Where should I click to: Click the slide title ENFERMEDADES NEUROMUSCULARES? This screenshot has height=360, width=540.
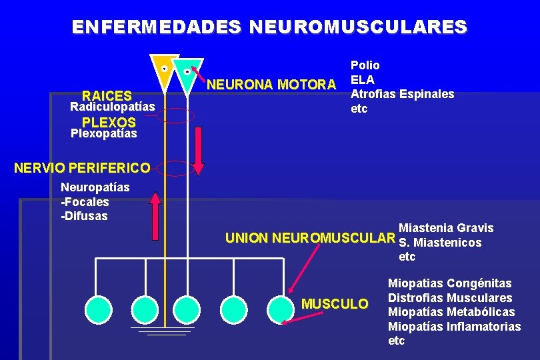pyautogui.click(x=270, y=27)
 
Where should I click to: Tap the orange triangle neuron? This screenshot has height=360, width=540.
pyautogui.click(x=164, y=70)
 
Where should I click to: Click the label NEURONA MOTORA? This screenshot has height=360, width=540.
pyautogui.click(x=271, y=85)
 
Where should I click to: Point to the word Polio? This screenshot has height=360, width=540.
pyautogui.click(x=365, y=65)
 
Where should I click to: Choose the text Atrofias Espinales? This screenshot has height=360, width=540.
pyautogui.click(x=402, y=94)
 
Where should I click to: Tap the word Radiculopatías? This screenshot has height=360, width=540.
pyautogui.click(x=113, y=107)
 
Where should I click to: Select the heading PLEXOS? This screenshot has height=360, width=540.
pyautogui.click(x=109, y=122)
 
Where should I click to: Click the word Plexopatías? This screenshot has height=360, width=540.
pyautogui.click(x=103, y=133)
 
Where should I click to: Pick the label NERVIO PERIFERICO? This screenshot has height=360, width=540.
pyautogui.click(x=77, y=167)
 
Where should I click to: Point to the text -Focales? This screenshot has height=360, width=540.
pyautogui.click(x=85, y=201)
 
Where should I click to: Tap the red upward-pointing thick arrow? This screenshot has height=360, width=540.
pyautogui.click(x=155, y=216)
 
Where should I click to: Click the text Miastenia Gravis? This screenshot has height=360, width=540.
pyautogui.click(x=446, y=228)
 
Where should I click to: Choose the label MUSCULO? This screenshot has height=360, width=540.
pyautogui.click(x=335, y=304)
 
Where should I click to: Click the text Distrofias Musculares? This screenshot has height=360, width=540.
pyautogui.click(x=450, y=297)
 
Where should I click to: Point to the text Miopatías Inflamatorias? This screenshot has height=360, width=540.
pyautogui.click(x=454, y=326)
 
